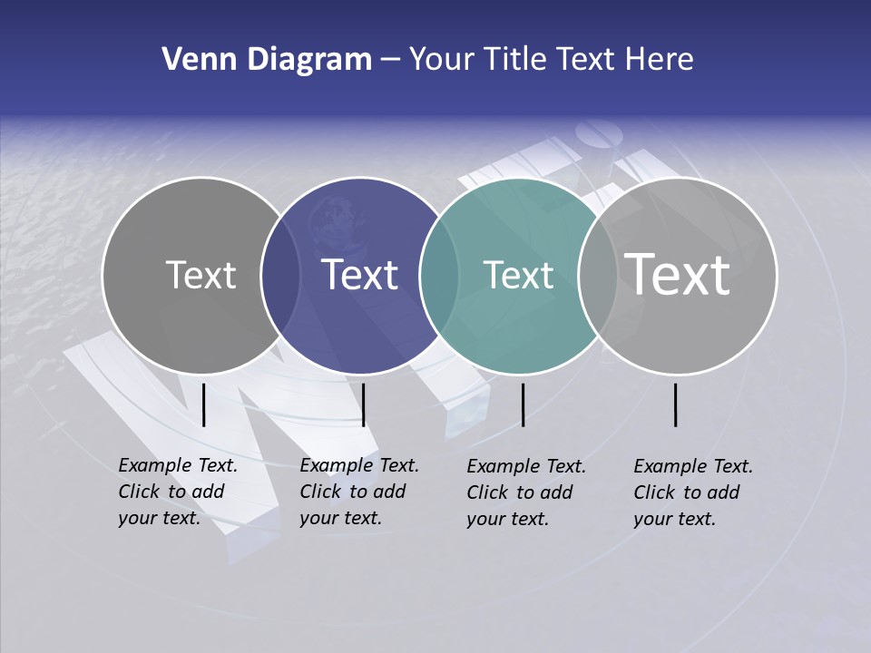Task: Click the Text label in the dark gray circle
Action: [201, 275]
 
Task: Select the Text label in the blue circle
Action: [359, 275]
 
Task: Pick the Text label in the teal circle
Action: [518, 275]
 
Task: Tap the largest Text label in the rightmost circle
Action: [678, 274]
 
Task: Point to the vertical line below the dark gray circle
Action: [204, 404]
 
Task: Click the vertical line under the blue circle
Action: [363, 404]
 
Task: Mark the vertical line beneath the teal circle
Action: [524, 404]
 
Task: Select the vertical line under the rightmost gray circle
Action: [676, 404]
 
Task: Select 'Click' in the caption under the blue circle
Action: [320, 492]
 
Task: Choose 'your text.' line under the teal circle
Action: [507, 519]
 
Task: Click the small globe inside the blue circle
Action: [332, 218]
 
